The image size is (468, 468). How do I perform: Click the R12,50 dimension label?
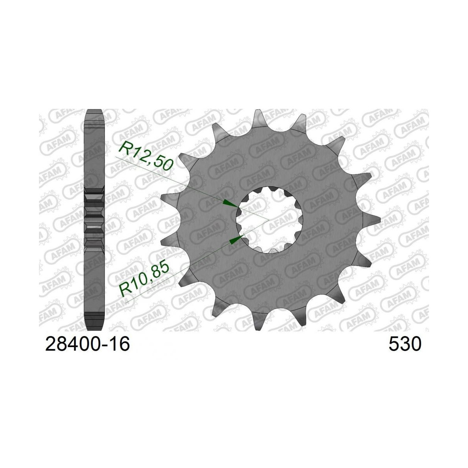(x=146, y=156)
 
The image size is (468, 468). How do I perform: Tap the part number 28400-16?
(x=87, y=344)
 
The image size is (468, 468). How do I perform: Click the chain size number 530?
(x=404, y=344)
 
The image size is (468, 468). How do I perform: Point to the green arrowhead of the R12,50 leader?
(x=230, y=203)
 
